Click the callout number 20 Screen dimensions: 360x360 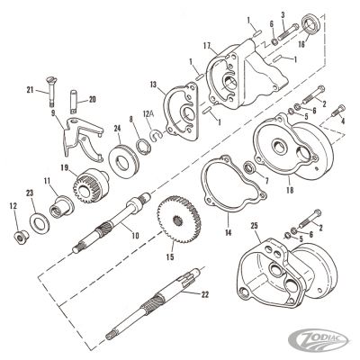(x=92, y=99)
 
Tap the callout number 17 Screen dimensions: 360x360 (x=208, y=44)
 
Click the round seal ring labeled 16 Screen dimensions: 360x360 (x=287, y=20)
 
